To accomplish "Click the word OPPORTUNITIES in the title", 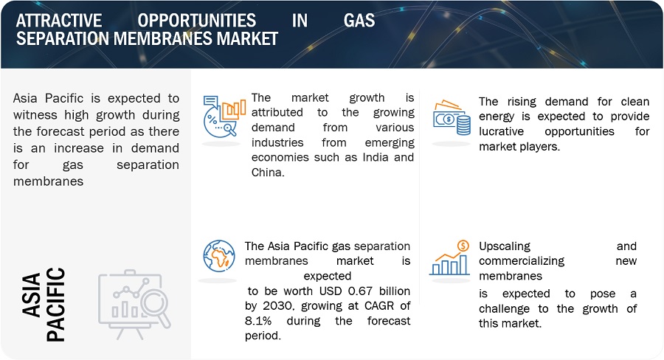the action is pos(196,21).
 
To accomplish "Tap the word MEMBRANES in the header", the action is pos(163,38).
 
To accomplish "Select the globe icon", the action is pos(219,256).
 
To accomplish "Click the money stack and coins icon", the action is pos(452,118).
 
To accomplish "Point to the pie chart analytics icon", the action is pos(224,117).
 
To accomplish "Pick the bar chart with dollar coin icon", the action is pos(449,258).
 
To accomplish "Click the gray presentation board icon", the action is pos(135,304).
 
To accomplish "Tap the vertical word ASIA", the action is pos(32,295).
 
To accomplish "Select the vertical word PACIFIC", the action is pos(55,304).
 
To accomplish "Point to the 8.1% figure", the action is pos(258,321).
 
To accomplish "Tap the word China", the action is pos(268,173).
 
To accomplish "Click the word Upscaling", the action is pos(505,246).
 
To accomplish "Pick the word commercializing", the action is pos(522,261).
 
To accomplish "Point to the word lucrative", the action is pos(502,131).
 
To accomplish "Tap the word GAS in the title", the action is pos(359,21).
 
